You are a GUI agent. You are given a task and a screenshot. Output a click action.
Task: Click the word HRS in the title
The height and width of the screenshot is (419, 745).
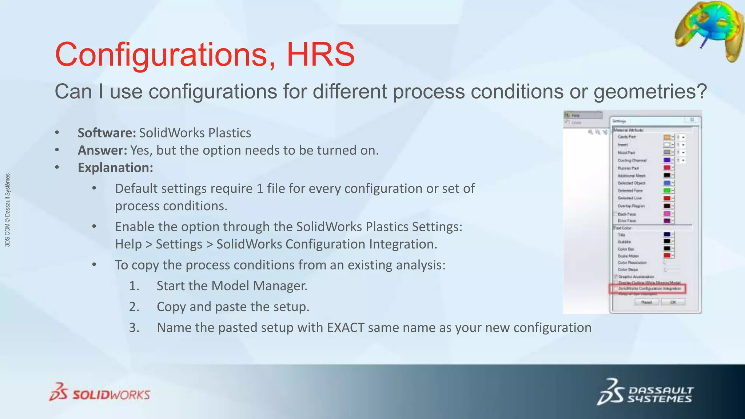[320, 55]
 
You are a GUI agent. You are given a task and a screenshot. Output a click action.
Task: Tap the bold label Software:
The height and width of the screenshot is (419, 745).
[107, 133]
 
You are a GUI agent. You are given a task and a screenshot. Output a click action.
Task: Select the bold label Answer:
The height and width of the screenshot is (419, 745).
[102, 150]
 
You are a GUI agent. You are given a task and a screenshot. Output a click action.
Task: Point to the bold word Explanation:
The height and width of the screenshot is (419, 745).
[115, 168]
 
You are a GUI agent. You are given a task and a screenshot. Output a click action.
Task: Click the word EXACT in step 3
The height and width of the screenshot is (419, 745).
[346, 327]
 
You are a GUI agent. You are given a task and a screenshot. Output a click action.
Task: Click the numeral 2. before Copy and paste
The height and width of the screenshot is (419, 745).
[134, 307]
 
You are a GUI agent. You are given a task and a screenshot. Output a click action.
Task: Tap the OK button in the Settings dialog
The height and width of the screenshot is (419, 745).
[673, 302]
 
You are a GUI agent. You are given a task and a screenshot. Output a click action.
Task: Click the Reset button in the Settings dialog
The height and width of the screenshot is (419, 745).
[646, 302]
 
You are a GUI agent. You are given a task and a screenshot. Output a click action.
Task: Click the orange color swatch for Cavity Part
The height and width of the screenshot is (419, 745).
[666, 137]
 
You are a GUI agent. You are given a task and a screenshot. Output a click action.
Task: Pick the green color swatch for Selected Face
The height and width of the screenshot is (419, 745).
[666, 191]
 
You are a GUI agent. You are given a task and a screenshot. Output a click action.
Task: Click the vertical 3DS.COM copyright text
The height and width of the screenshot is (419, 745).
[8, 210]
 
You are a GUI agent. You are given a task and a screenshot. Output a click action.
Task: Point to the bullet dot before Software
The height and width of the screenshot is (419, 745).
[57, 133]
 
